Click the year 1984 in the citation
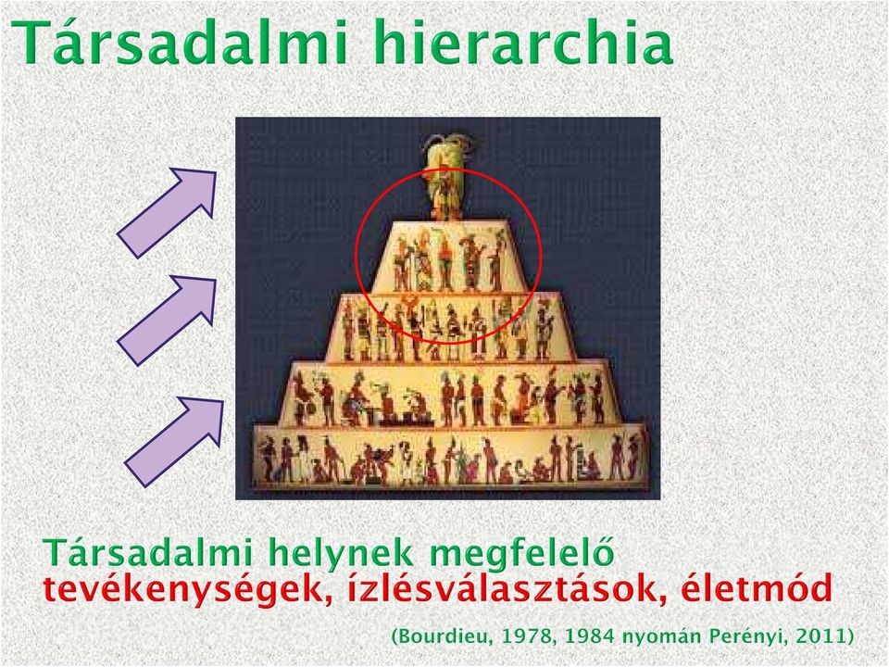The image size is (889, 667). point(586,636)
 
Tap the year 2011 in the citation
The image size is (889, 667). point(821,636)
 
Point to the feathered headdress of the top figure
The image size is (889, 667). point(445,148)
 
